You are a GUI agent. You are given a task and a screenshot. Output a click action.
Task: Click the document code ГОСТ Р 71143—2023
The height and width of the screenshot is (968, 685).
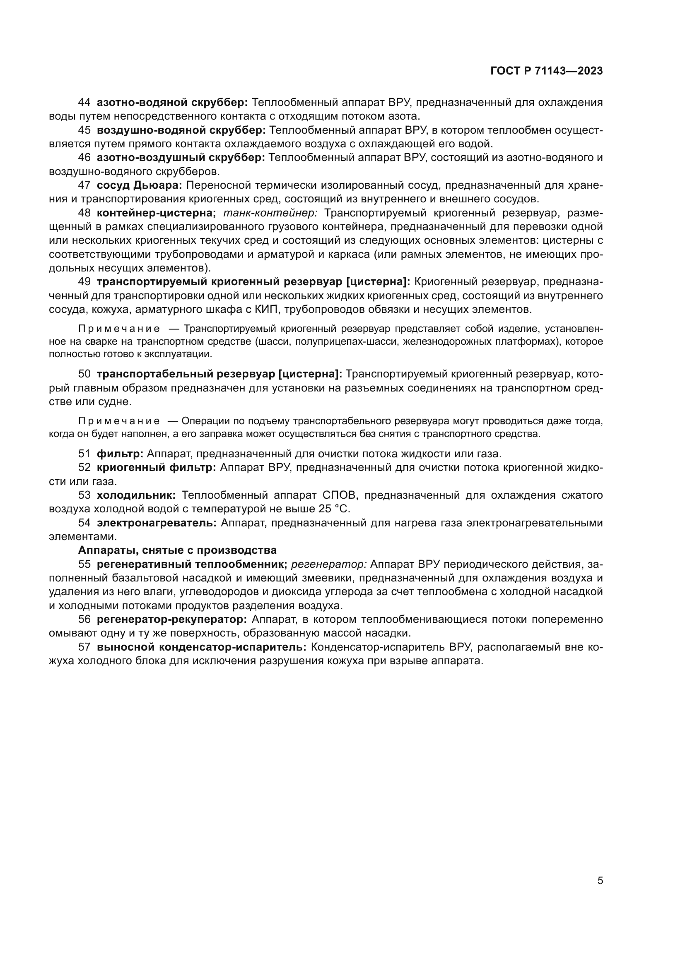point(546,71)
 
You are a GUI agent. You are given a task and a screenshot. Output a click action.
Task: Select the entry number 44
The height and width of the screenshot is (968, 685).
point(84,103)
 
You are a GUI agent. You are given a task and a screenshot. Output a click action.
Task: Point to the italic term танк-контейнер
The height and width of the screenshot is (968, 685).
point(270,213)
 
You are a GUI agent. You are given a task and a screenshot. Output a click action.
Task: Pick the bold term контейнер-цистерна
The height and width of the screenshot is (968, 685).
point(156,213)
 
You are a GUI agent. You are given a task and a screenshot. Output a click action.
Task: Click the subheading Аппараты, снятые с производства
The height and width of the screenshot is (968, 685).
point(177,550)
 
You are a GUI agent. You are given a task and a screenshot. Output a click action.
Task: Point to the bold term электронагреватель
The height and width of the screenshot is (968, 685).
point(157,523)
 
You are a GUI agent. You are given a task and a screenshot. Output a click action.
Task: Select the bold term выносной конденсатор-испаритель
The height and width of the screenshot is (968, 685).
point(201,647)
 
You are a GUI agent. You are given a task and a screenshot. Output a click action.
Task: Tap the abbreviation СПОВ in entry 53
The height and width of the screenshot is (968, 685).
point(340,495)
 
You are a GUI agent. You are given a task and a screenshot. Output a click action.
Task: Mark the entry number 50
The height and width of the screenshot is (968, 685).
point(84,374)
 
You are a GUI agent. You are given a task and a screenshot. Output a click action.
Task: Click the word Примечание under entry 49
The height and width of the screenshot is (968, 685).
point(119,329)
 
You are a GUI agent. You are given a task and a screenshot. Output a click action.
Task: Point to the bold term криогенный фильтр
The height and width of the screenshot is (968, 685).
point(156,468)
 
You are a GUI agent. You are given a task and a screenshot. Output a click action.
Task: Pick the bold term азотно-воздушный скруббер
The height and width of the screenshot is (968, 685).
point(181,158)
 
